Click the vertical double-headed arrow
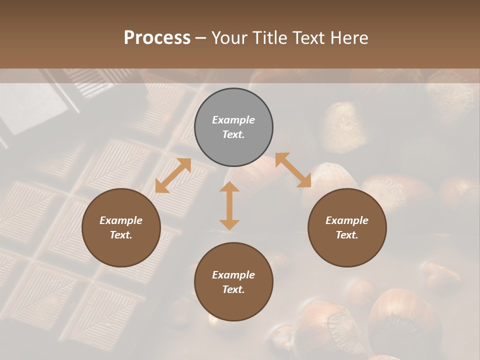click(x=229, y=205)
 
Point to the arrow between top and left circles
click(x=173, y=175)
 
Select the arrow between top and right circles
click(x=293, y=170)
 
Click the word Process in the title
click(x=157, y=38)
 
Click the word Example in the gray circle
click(x=233, y=120)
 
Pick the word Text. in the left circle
click(x=121, y=235)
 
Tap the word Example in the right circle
click(x=347, y=220)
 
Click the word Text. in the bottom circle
click(x=233, y=289)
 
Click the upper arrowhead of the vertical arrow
click(x=229, y=188)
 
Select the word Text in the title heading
click(x=309, y=38)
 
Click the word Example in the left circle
click(x=121, y=220)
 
